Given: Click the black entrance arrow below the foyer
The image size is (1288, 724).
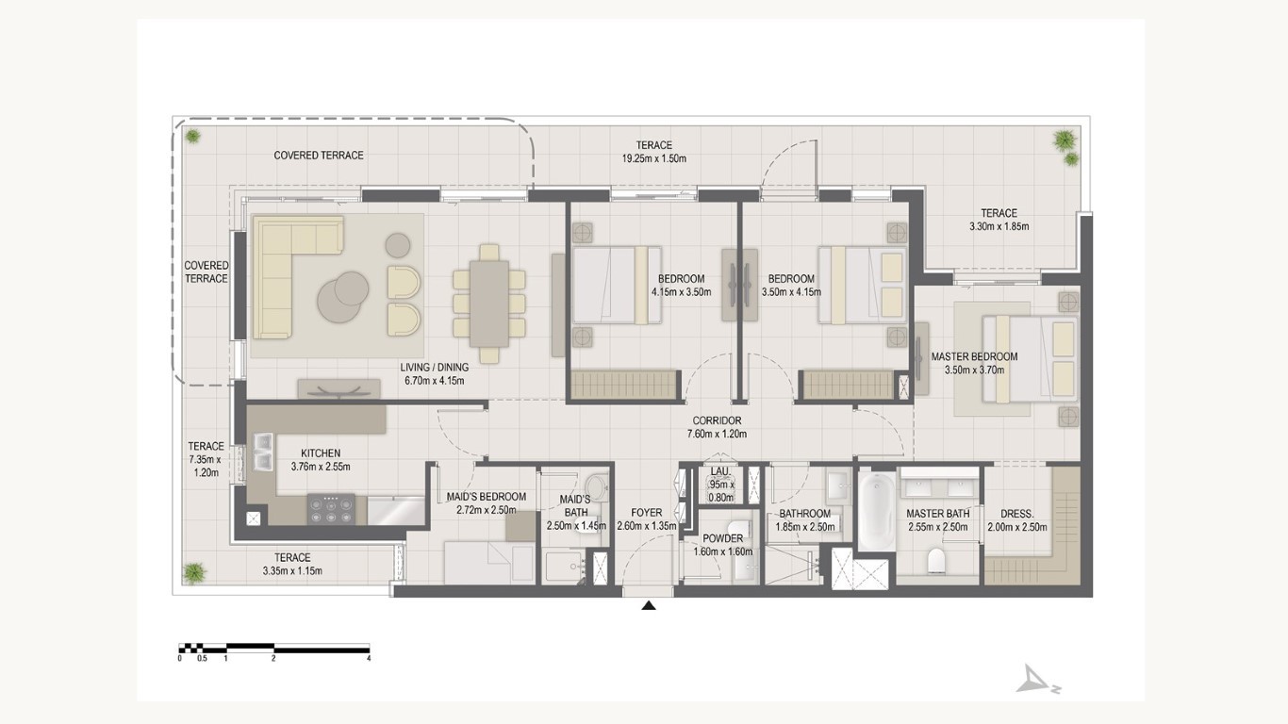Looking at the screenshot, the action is (649, 605).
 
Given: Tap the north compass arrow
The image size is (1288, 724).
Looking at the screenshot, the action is (1035, 681).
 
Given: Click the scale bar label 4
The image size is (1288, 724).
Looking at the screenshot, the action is (369, 658).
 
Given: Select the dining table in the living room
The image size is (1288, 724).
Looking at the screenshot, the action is (488, 304).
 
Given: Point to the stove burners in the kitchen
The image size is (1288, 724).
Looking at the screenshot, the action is (331, 508).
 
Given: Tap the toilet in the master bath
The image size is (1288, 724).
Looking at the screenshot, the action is (936, 561).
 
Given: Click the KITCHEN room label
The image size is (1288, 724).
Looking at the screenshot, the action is (321, 453).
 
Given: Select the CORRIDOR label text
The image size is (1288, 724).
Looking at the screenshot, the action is (717, 421).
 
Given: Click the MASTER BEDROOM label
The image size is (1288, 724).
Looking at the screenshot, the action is (974, 356).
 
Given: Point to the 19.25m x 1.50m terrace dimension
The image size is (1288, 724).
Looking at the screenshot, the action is (653, 158).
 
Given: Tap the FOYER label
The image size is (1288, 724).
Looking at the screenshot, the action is (646, 513).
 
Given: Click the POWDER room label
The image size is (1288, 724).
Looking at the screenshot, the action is (722, 539).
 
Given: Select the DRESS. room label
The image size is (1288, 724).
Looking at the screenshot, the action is (1016, 514).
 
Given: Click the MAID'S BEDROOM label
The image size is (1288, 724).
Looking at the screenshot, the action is (486, 497).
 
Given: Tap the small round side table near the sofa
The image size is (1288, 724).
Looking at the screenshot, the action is (397, 245).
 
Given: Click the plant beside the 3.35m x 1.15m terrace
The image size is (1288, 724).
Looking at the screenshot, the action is (194, 572).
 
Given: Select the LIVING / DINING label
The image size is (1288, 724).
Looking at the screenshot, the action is (434, 368).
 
